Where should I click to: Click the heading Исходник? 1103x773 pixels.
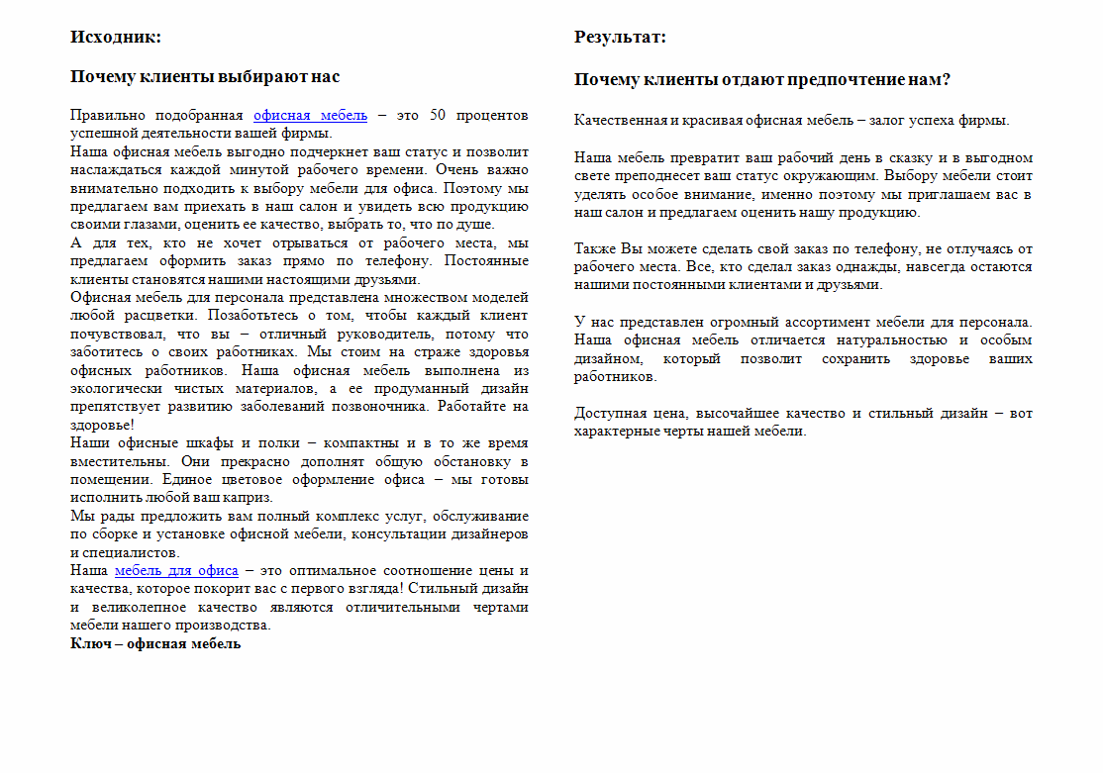pos(115,38)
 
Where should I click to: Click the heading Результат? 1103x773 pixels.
pos(620,38)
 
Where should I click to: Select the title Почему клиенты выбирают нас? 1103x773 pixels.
pos(205,77)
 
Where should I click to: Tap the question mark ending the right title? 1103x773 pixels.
pos(947,80)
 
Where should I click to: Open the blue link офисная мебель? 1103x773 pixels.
pos(310,115)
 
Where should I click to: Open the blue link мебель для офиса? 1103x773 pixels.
pos(176,570)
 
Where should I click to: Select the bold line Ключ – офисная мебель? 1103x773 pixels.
pos(155,643)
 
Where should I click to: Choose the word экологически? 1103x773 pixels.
pos(113,388)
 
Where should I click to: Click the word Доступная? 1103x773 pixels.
pos(608,414)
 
